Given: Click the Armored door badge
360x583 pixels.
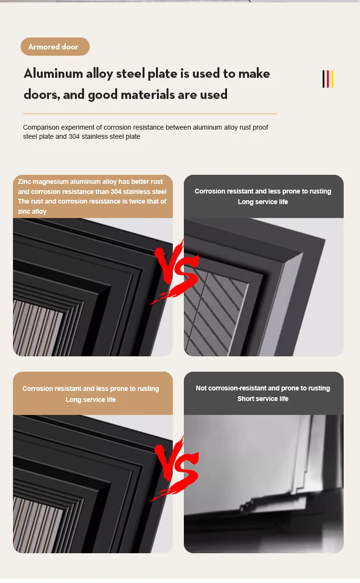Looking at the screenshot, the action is click(x=55, y=47).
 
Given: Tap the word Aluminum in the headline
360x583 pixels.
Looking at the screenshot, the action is click(x=53, y=73).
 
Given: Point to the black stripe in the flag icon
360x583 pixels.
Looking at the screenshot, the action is click(x=324, y=79).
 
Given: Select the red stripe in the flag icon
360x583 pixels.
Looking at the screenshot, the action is click(x=328, y=79).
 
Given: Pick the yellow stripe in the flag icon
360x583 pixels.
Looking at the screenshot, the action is click(x=333, y=79).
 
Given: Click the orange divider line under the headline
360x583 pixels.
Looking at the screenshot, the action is click(x=150, y=114).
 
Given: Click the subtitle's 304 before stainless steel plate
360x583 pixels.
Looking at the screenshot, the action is click(x=74, y=136).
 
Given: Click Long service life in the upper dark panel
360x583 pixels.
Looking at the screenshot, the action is click(x=263, y=202).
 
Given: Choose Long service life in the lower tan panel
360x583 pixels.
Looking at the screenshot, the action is click(x=91, y=400).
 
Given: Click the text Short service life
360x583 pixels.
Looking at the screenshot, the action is click(x=263, y=399).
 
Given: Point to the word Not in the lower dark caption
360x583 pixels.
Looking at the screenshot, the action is click(x=201, y=388).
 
